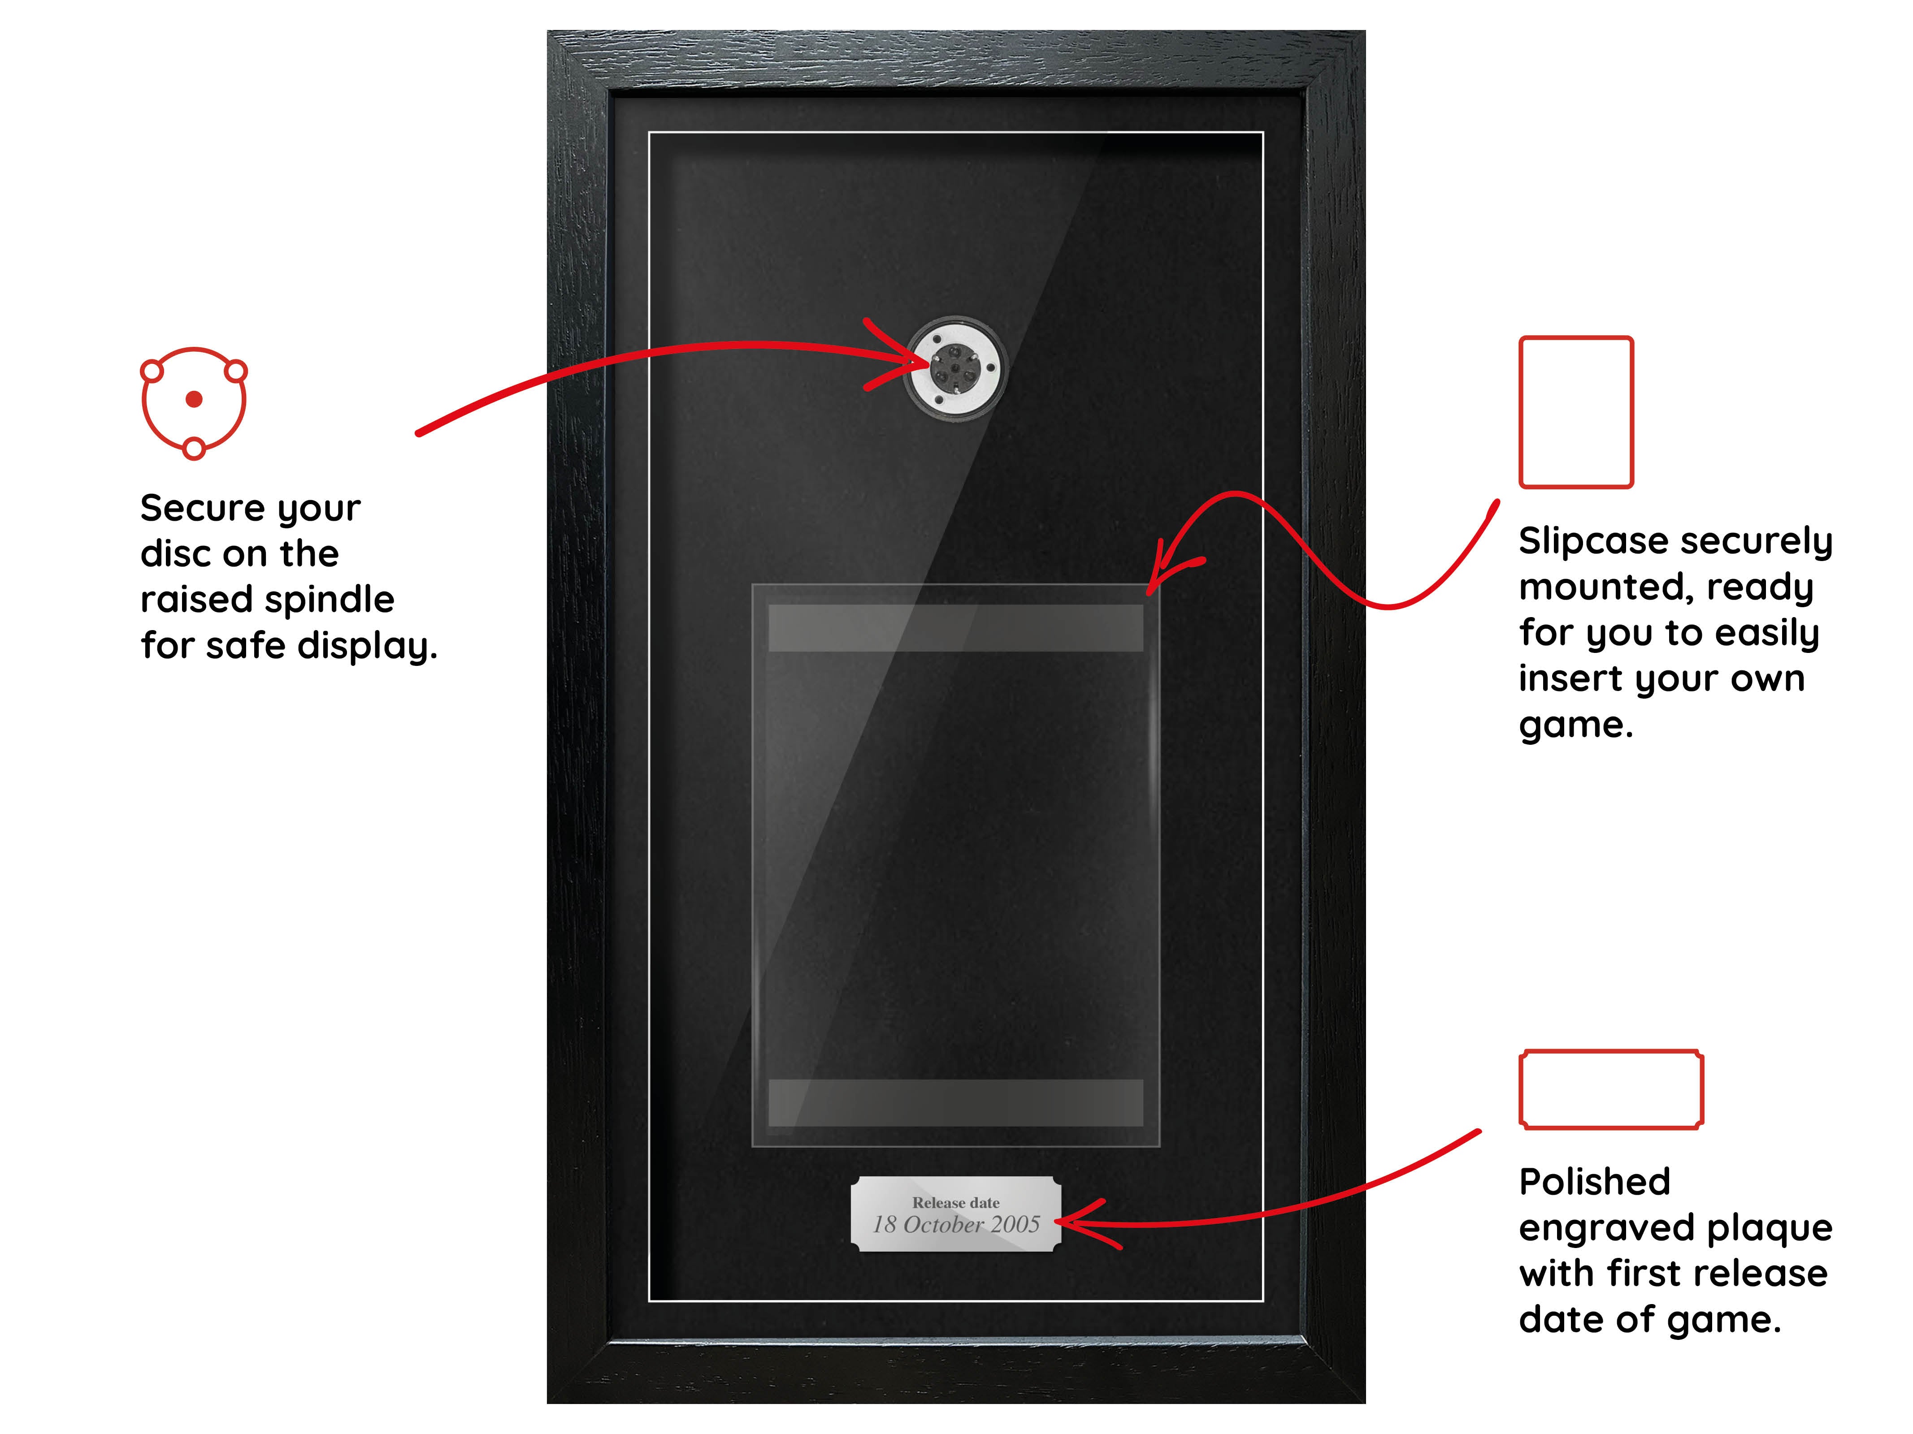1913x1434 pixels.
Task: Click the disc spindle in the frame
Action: coord(955,369)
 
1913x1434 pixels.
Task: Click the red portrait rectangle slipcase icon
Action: coord(1576,412)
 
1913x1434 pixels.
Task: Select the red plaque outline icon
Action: coord(1611,1089)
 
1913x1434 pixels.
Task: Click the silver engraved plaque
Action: coord(956,1214)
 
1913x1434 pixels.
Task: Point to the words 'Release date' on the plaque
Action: coord(956,1202)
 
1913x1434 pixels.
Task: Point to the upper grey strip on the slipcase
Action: coord(956,627)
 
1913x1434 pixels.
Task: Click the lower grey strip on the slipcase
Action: coord(956,1103)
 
